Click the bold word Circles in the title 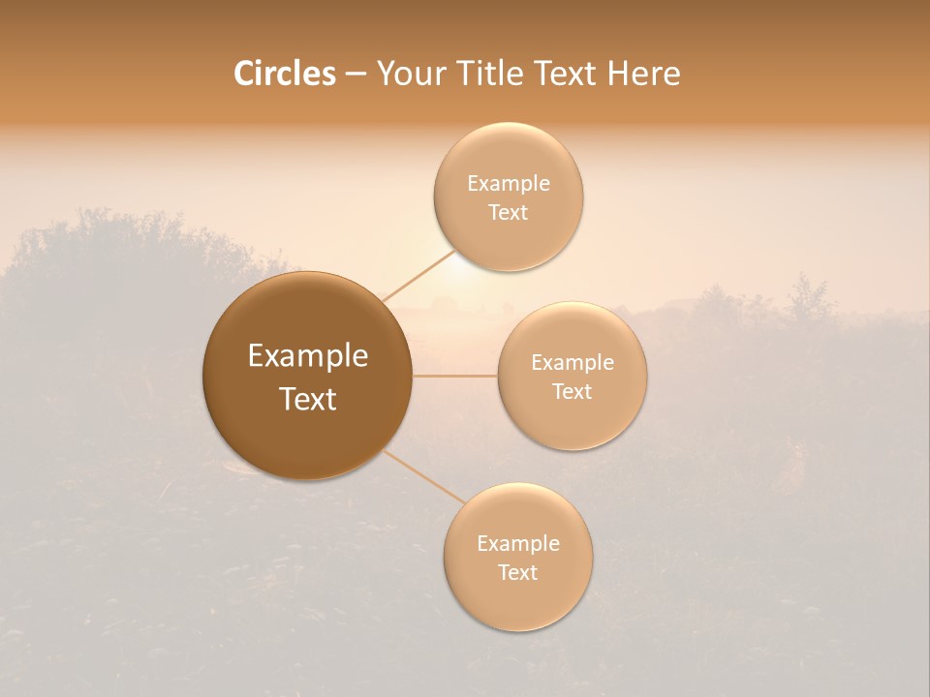[285, 74]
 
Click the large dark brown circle [307, 376]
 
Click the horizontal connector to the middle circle [454, 376]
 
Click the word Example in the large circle [307, 356]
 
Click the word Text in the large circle [307, 399]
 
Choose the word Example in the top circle [508, 184]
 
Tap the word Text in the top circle [508, 213]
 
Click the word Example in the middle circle [573, 363]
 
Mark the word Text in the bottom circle [517, 573]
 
